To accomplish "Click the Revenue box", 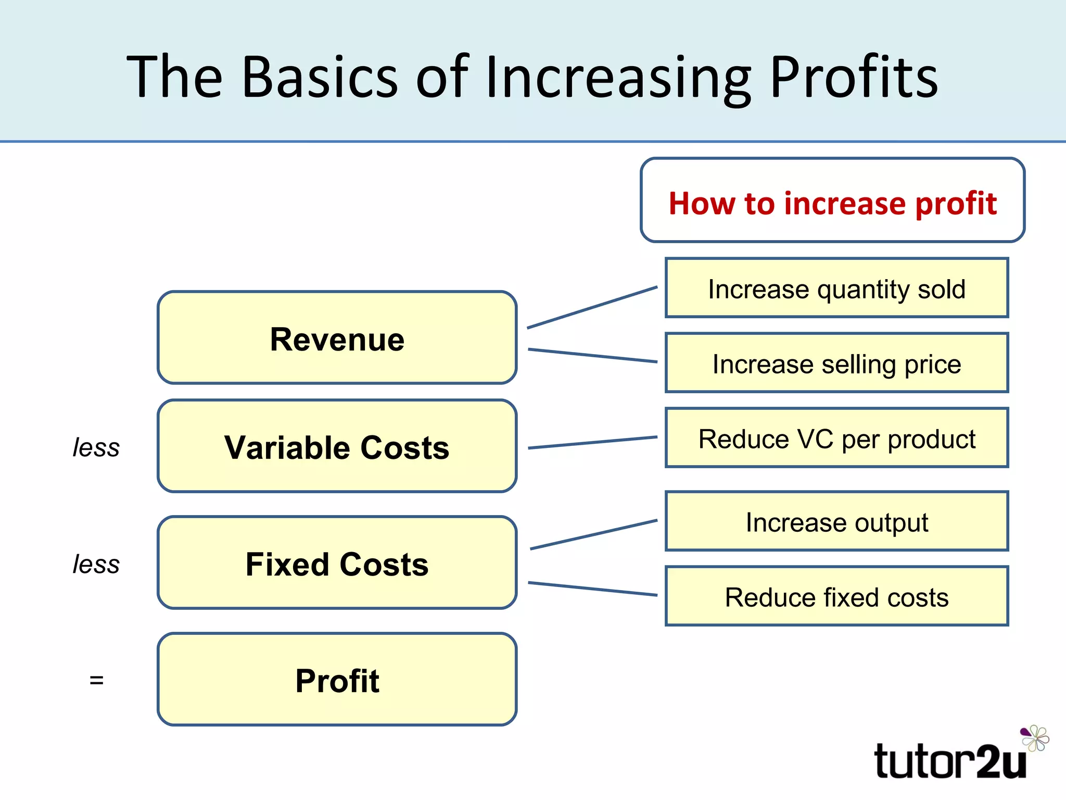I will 337,338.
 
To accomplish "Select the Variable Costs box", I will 337,446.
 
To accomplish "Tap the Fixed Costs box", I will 337,563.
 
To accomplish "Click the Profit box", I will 337,680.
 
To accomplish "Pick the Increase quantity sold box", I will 836,288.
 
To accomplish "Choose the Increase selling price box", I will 836,363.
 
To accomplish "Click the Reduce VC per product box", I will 836,438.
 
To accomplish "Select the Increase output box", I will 836,521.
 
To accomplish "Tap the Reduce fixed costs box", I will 836,596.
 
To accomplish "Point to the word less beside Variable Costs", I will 96,447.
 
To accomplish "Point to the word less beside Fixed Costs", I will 96,564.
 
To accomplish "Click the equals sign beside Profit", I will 96,680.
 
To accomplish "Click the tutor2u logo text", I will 950,761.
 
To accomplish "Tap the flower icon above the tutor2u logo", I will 1035,737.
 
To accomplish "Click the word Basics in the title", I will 320,77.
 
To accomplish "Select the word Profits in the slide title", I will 854,77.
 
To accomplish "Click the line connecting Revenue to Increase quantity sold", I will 592,307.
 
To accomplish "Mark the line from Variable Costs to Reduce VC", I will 592,443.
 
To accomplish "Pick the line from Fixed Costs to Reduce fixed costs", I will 592,589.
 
